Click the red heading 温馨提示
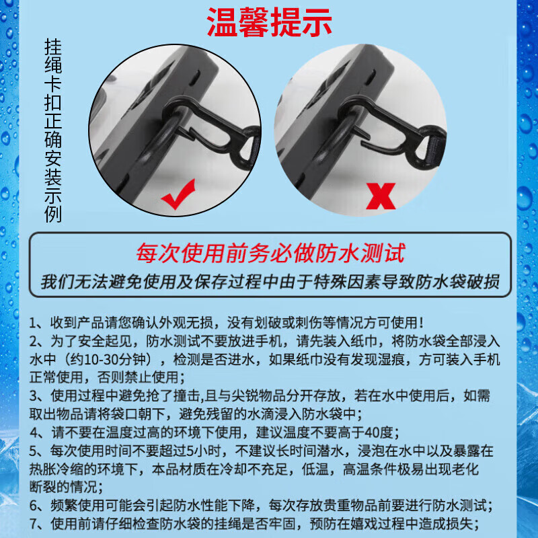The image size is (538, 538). pos(269,22)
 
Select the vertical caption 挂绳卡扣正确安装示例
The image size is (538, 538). pos(53,130)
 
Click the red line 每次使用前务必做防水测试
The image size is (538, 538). pos(270,254)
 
